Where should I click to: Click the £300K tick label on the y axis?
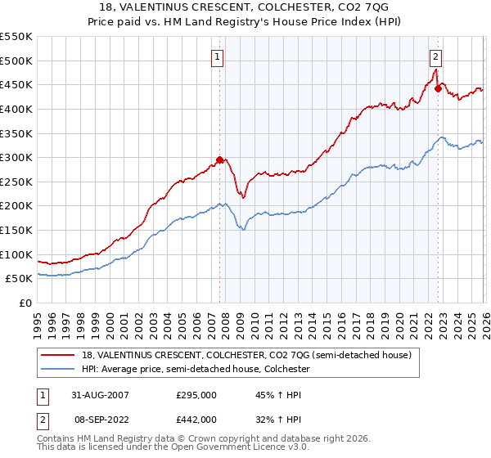coord(16,157)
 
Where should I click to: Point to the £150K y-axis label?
coord(16,231)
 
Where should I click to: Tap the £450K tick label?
coord(16,84)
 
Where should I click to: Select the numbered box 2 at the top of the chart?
coord(435,56)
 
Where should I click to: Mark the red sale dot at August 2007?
coord(219,160)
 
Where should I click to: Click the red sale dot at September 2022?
coord(438,88)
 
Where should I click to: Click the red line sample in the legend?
coord(58,355)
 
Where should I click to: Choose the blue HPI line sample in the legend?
coord(58,370)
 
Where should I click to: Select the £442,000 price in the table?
coord(196,419)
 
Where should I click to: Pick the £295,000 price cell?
coord(196,395)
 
